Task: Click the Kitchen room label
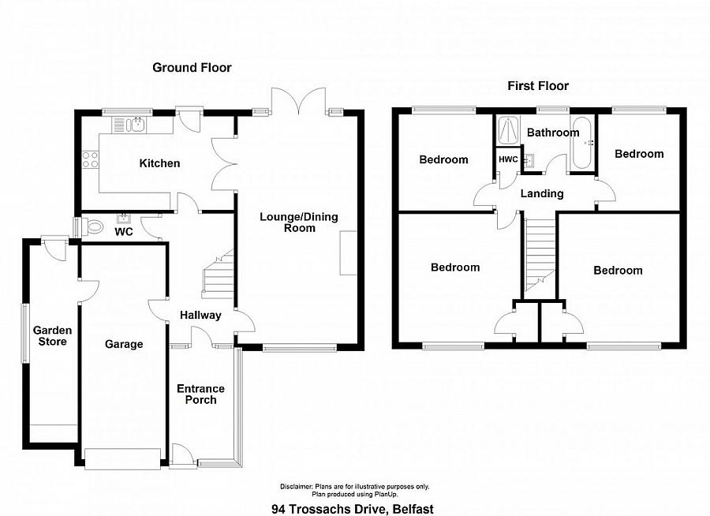[x=159, y=163]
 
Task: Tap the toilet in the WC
[x=93, y=226]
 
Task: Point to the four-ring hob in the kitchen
[x=90, y=159]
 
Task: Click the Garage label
[x=124, y=344]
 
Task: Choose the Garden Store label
[x=53, y=336]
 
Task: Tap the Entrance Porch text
[x=200, y=394]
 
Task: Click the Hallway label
[x=200, y=316]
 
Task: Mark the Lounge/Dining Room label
[x=299, y=222]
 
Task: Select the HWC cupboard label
[x=508, y=159]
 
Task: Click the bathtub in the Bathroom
[x=582, y=143]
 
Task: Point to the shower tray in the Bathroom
[x=509, y=129]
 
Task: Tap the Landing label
[x=542, y=194]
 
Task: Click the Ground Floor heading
[x=192, y=68]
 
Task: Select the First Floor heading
[x=538, y=86]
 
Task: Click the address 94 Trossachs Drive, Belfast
[x=353, y=509]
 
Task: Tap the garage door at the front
[x=123, y=459]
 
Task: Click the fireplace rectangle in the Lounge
[x=348, y=252]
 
